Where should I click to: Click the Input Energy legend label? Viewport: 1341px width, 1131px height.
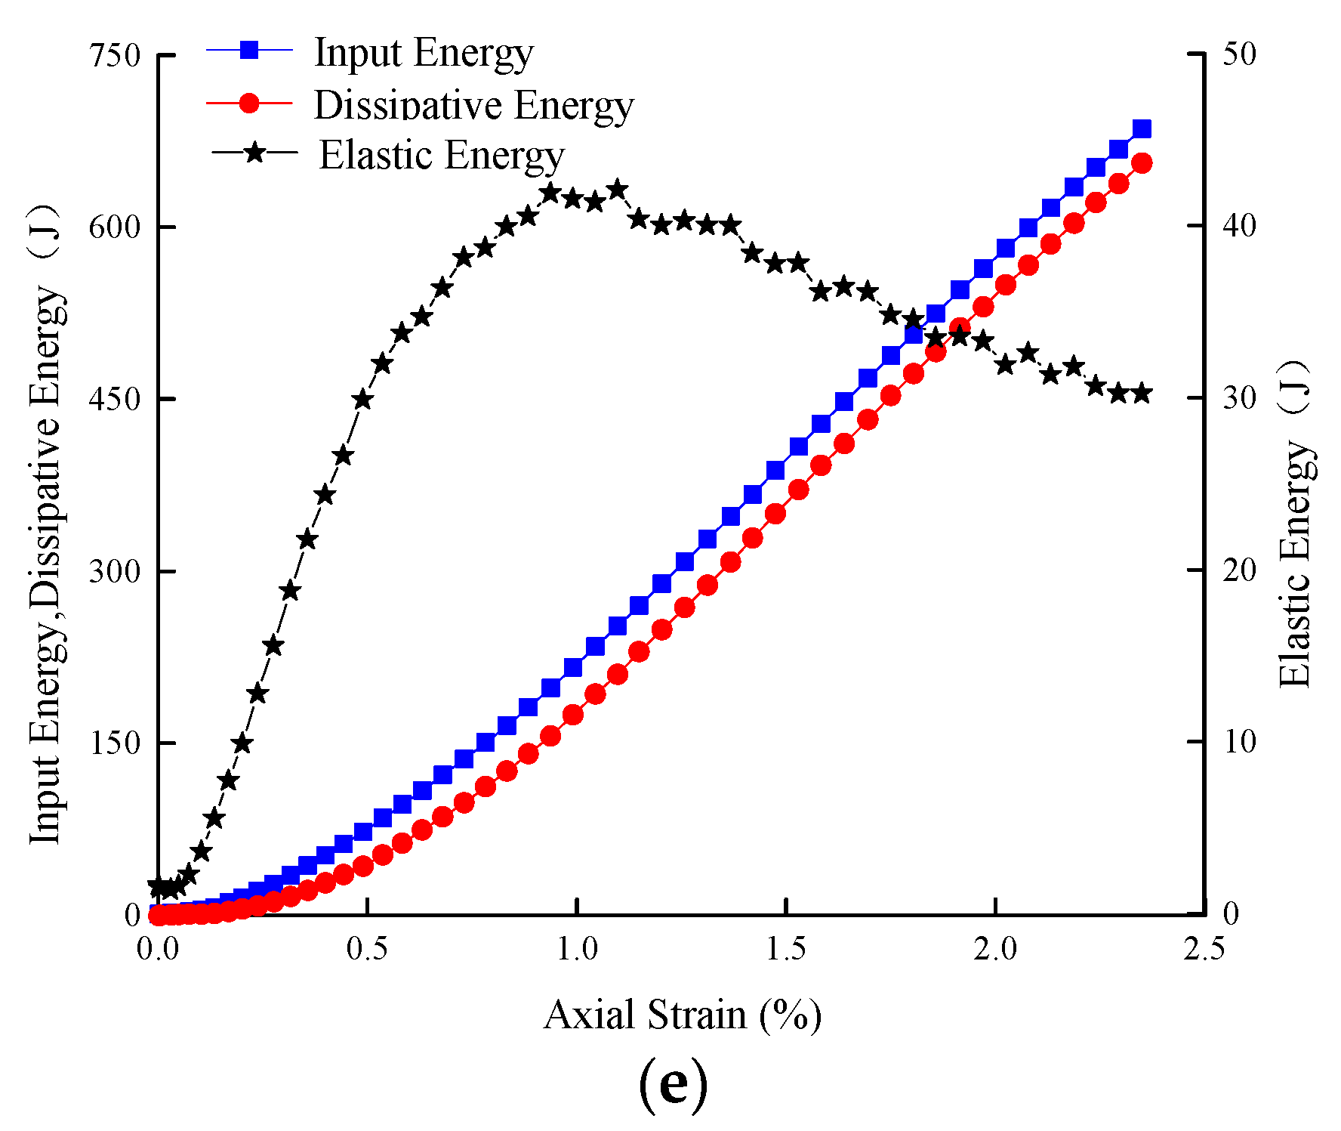click(424, 54)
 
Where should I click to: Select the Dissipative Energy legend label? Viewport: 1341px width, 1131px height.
click(474, 105)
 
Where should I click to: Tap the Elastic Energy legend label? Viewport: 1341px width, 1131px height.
click(442, 156)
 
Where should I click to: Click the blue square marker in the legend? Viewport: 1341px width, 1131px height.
click(249, 51)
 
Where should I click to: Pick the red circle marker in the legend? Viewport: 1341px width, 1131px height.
click(249, 103)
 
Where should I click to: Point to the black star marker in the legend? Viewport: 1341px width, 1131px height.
click(254, 153)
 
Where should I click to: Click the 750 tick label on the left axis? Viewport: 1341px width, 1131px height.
click(115, 55)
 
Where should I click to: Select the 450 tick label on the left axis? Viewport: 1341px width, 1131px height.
click(115, 399)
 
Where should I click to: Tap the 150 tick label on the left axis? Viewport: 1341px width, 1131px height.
click(115, 743)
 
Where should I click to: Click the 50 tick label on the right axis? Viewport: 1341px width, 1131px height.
click(1238, 54)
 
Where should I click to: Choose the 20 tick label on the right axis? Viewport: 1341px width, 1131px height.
click(1238, 570)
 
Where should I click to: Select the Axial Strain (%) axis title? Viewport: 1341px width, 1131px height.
click(683, 1015)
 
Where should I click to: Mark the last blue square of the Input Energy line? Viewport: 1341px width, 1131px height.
click(1142, 129)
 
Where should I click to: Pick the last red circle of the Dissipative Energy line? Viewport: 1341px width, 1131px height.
click(1142, 163)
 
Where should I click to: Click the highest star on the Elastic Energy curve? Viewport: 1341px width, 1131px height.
click(618, 189)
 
